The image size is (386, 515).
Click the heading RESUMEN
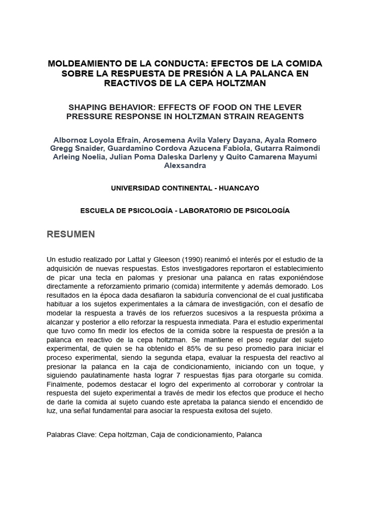click(x=70, y=234)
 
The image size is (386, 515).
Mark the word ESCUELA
click(x=99, y=210)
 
